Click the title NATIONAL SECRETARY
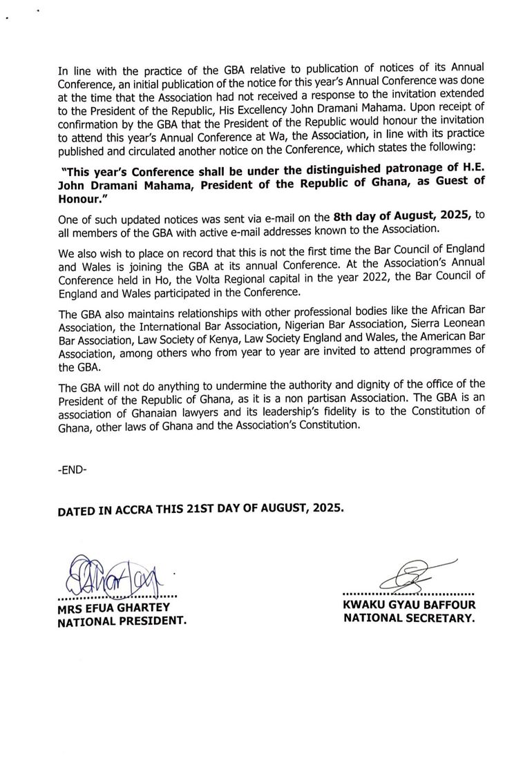(x=410, y=619)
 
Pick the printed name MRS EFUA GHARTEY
(x=115, y=608)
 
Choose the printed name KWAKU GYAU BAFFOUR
(x=410, y=606)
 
